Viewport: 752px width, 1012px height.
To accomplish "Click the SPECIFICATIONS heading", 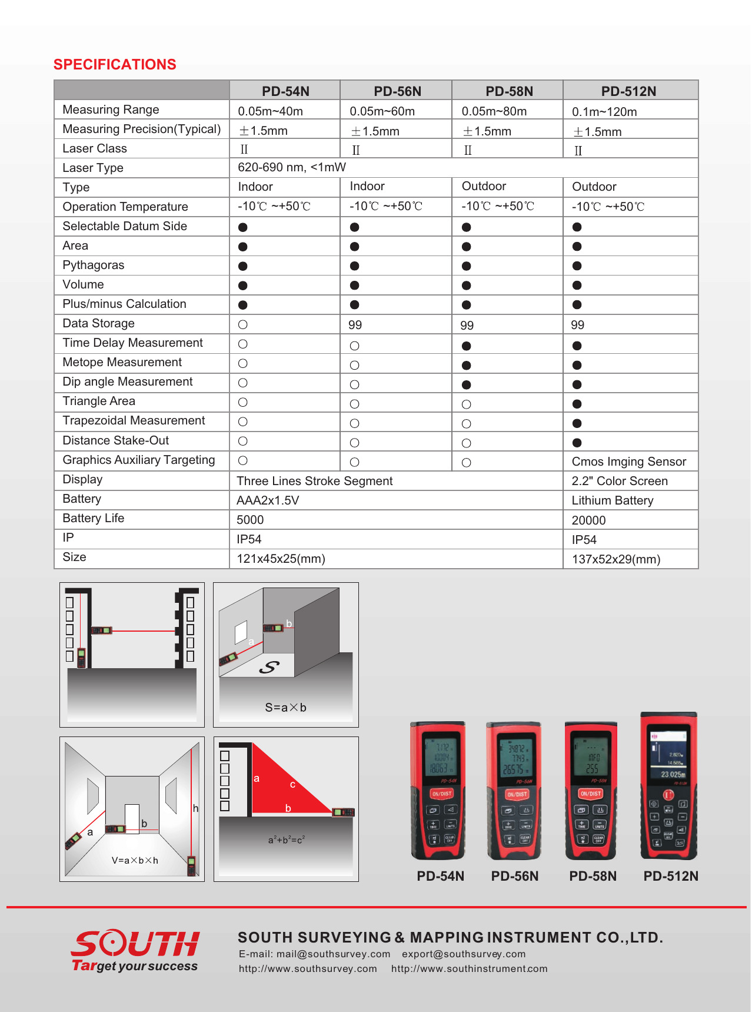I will (x=115, y=65).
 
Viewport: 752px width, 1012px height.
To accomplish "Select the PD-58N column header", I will (x=509, y=91).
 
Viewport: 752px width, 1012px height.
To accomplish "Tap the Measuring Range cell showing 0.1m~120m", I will (x=604, y=112).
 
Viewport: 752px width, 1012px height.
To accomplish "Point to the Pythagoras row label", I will (x=94, y=265).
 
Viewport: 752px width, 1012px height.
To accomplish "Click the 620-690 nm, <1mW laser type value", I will (x=292, y=167).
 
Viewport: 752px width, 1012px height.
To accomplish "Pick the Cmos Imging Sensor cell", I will (x=629, y=462).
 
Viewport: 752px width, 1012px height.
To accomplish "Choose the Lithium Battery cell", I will (x=613, y=500).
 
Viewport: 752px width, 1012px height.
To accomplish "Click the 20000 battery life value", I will (x=588, y=520).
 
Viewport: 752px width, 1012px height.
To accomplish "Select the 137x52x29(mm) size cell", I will (x=616, y=559).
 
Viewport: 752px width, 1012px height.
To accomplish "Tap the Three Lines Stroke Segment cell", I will (x=315, y=481).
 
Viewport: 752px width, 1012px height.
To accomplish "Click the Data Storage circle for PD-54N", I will (x=243, y=324).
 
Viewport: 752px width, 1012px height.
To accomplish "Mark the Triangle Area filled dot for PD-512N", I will (x=577, y=404).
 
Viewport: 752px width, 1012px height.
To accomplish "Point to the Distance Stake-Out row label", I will (x=116, y=440).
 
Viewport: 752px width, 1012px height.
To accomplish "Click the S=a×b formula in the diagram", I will (x=286, y=708).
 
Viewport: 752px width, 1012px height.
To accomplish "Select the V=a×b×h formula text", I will (x=135, y=860).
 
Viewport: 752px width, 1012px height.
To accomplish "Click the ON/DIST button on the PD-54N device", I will (x=441, y=794).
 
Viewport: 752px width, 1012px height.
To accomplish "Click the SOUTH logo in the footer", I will (x=135, y=944).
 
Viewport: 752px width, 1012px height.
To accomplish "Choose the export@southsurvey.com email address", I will (x=464, y=954).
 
